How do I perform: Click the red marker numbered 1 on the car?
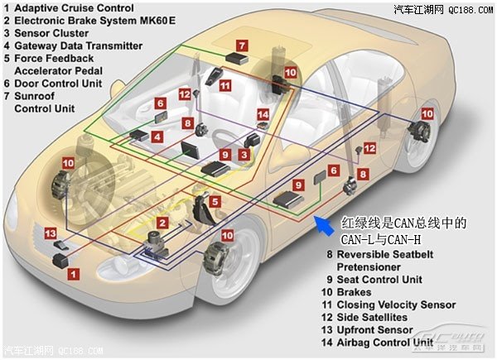tap(74, 272)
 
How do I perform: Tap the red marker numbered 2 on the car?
tap(162, 223)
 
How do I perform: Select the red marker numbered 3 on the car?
tap(244, 154)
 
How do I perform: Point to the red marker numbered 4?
tap(157, 135)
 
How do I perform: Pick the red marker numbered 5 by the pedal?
tap(214, 201)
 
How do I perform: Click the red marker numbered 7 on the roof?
tap(241, 44)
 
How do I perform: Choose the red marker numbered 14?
tap(263, 114)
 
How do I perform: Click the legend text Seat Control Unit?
tap(386, 280)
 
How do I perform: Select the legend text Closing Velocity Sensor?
tap(396, 305)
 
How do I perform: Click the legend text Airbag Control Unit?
tap(391, 342)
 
